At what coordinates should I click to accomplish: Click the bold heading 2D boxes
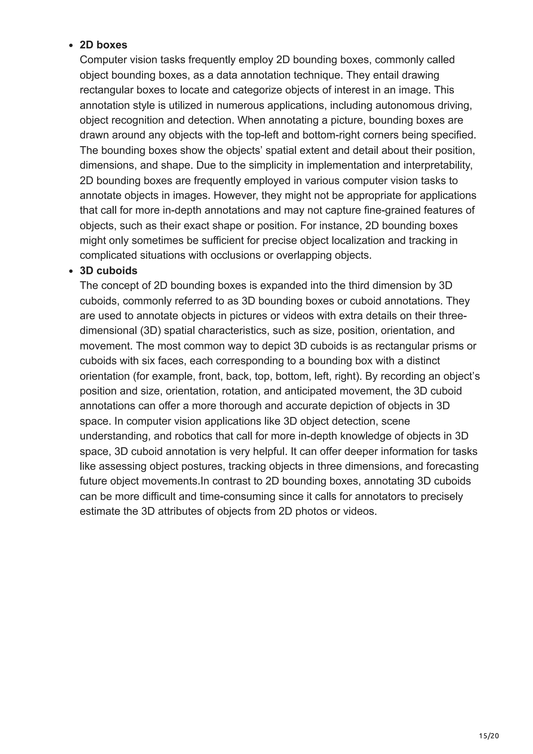[103, 45]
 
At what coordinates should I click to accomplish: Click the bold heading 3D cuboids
[108, 271]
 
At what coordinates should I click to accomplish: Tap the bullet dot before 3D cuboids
[71, 272]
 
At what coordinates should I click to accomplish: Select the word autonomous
[404, 105]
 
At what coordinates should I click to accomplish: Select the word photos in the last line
[311, 511]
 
